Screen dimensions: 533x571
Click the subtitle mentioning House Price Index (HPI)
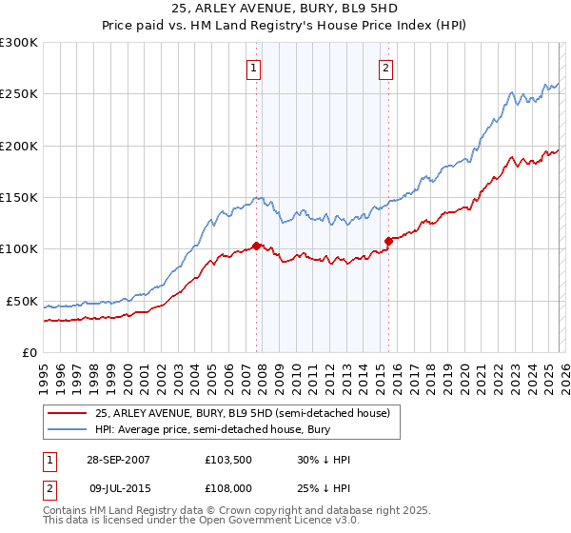point(285,27)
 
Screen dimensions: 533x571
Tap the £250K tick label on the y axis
point(19,94)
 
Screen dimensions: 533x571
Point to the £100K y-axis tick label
point(19,249)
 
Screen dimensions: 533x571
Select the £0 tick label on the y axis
point(30,352)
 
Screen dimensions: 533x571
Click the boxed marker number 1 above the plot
point(255,68)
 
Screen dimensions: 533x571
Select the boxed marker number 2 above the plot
point(386,68)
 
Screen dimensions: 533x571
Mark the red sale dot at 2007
point(256,246)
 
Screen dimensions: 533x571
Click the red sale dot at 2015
point(387,241)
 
